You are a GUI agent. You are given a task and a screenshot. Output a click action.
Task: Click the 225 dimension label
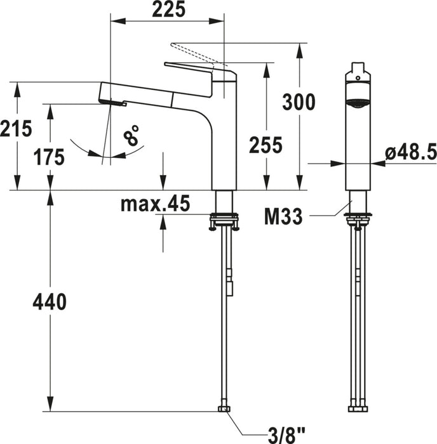pos(169,10)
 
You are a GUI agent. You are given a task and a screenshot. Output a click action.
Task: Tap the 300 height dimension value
pos(299,102)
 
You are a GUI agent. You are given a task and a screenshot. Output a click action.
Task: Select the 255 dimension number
pos(266,145)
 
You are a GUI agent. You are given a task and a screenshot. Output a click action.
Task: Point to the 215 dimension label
pos(16,129)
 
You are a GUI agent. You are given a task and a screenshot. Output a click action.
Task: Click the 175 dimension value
pos(49,157)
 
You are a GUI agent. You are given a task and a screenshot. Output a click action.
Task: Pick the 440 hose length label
pos(50,302)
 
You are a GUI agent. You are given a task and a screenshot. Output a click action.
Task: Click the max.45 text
pos(155,204)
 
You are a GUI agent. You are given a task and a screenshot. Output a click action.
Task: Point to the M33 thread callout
pos(283,217)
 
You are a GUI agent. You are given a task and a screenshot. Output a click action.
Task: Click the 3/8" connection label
pos(286,436)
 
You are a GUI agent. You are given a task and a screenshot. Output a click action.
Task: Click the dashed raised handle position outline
pos(199,55)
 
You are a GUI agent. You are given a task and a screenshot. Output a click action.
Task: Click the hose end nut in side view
pos(224,409)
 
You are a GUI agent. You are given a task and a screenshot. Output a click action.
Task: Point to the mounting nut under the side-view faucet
pos(224,221)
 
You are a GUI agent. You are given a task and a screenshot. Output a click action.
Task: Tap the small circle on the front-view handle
pos(358,78)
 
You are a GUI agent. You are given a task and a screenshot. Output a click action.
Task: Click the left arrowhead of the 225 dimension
pos(118,21)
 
